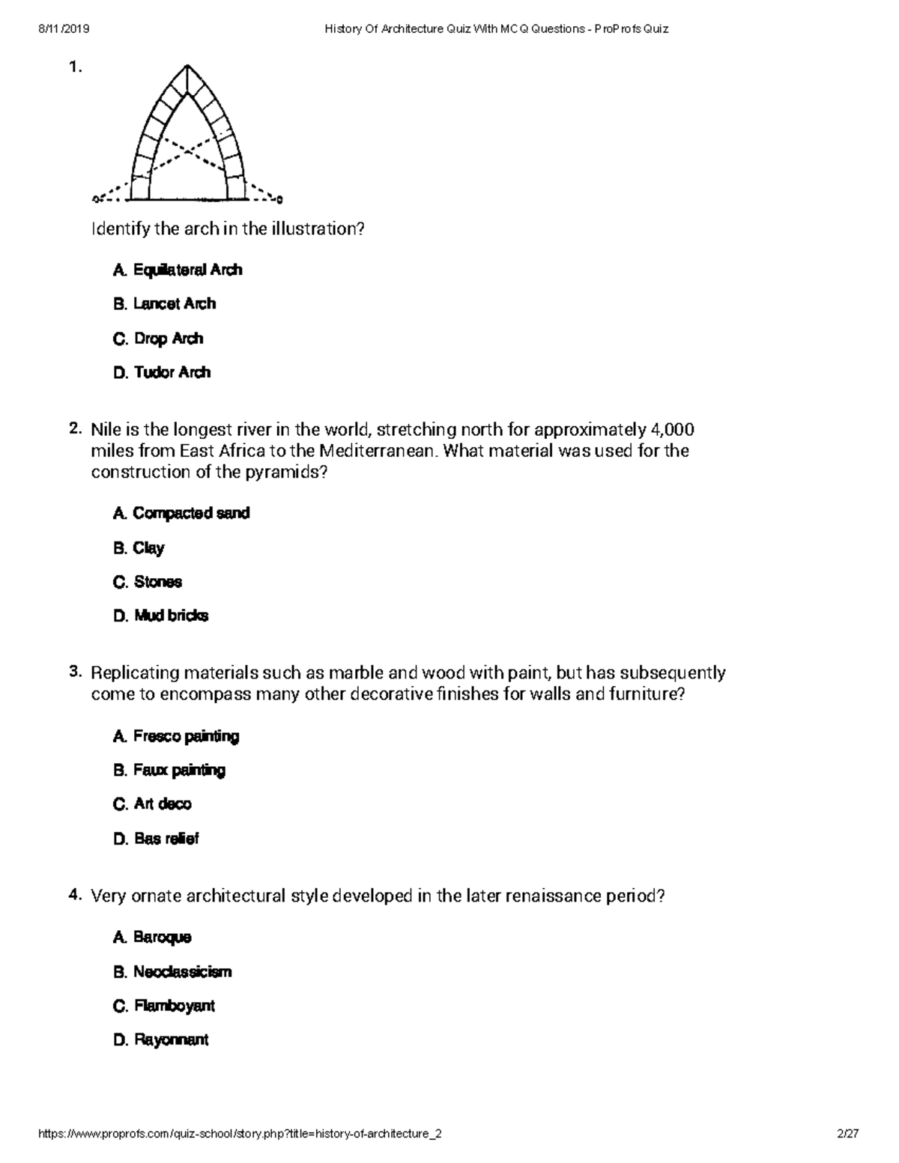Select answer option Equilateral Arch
(x=178, y=270)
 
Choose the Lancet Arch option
(x=165, y=304)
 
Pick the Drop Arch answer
(x=158, y=338)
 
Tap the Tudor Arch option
(x=162, y=372)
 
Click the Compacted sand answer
(x=181, y=513)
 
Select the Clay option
(x=139, y=548)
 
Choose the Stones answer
(x=148, y=582)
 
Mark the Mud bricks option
(x=161, y=616)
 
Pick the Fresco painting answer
(x=176, y=736)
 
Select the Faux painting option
(x=169, y=770)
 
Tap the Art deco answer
(x=152, y=804)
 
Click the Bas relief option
(x=156, y=839)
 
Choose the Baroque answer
(x=152, y=937)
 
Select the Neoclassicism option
(x=172, y=972)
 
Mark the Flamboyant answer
(x=164, y=1006)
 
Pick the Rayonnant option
(x=161, y=1039)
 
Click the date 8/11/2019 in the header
(x=64, y=29)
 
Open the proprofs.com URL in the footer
(x=240, y=1134)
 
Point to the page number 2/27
(x=848, y=1134)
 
